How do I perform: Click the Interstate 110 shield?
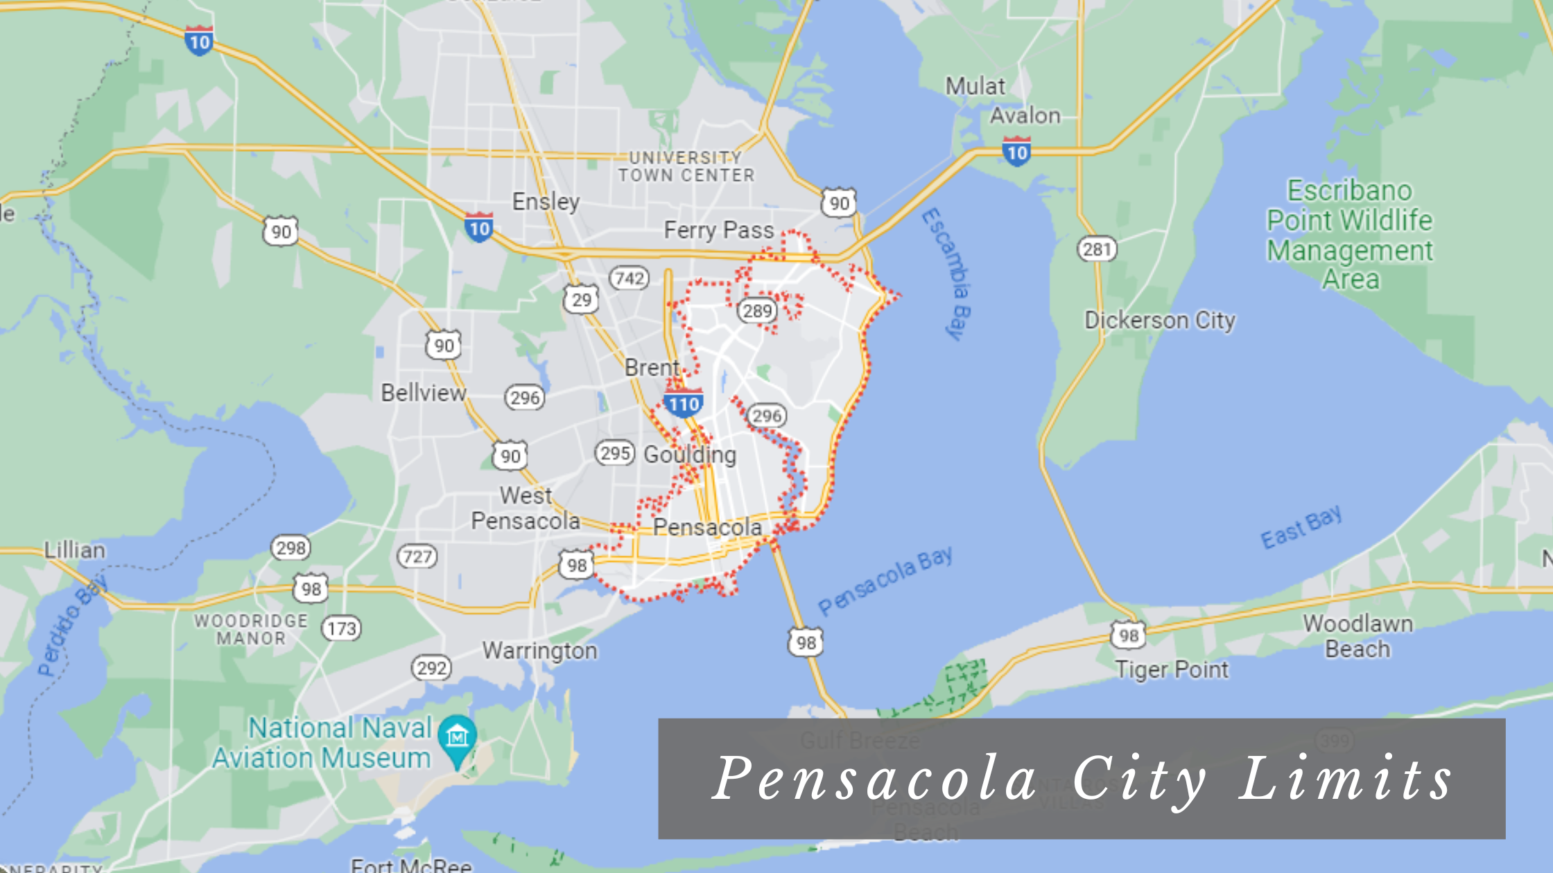684,403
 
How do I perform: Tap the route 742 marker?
630,279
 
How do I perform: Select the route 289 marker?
756,310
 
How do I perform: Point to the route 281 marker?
1097,249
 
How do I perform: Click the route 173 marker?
341,628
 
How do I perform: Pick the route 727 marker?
417,556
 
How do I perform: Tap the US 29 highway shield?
581,299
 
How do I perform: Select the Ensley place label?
546,202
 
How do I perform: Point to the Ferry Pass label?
718,230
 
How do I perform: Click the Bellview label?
424,393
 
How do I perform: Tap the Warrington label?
539,651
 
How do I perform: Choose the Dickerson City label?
1160,320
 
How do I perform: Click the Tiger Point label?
1172,669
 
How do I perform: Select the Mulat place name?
975,86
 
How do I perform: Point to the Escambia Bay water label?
946,273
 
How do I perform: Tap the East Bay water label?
1301,527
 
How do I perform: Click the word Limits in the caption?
1345,779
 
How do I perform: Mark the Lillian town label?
75,550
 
